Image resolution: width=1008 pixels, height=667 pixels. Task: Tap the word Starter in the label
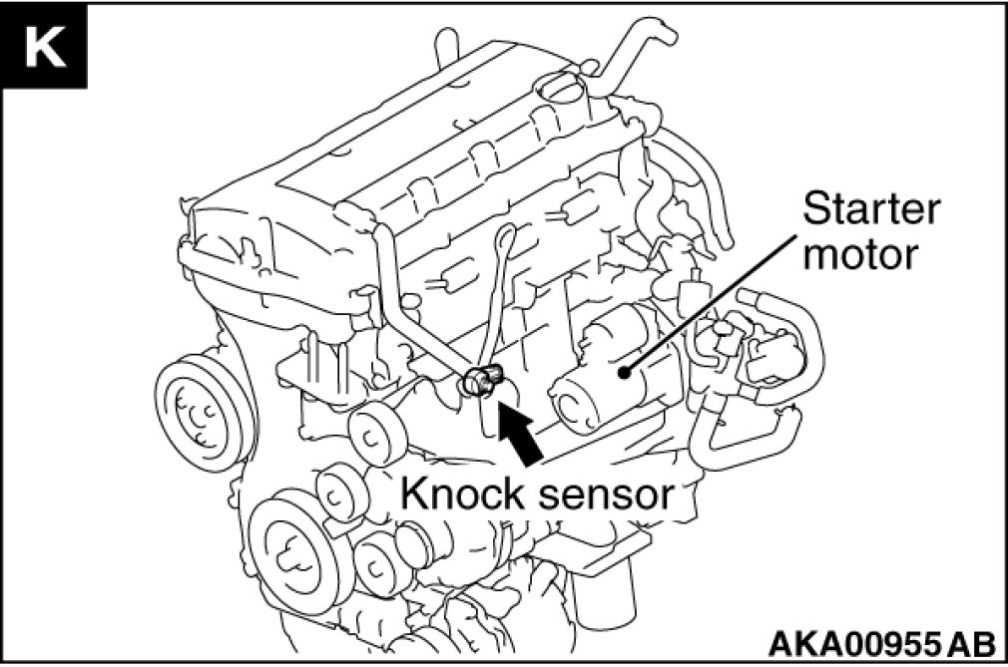coord(871,210)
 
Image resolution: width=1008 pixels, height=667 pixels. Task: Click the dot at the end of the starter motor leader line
coord(626,373)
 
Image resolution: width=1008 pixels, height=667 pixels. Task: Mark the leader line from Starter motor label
coord(729,299)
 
